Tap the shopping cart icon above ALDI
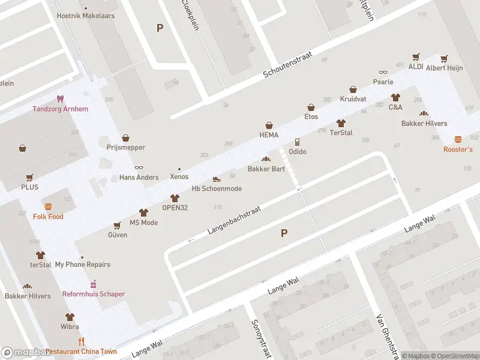pos(416,58)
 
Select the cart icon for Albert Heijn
pos(444,59)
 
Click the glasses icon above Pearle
pos(383,73)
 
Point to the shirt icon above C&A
pos(395,97)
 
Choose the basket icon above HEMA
pos(269,125)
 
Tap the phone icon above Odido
pos(297,142)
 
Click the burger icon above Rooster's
pos(458,139)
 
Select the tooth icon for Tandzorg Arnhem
pos(60,99)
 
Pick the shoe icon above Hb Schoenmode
pos(217,179)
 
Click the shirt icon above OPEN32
pos(175,198)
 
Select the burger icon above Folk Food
pos(48,206)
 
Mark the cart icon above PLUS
pos(30,178)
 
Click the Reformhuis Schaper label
pos(94,294)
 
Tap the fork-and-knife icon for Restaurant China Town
pos(82,341)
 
